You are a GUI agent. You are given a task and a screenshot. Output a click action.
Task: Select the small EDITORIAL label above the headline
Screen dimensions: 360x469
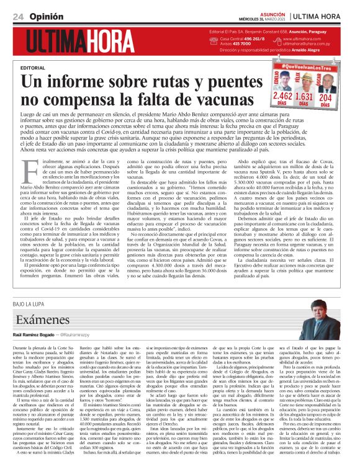32,67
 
